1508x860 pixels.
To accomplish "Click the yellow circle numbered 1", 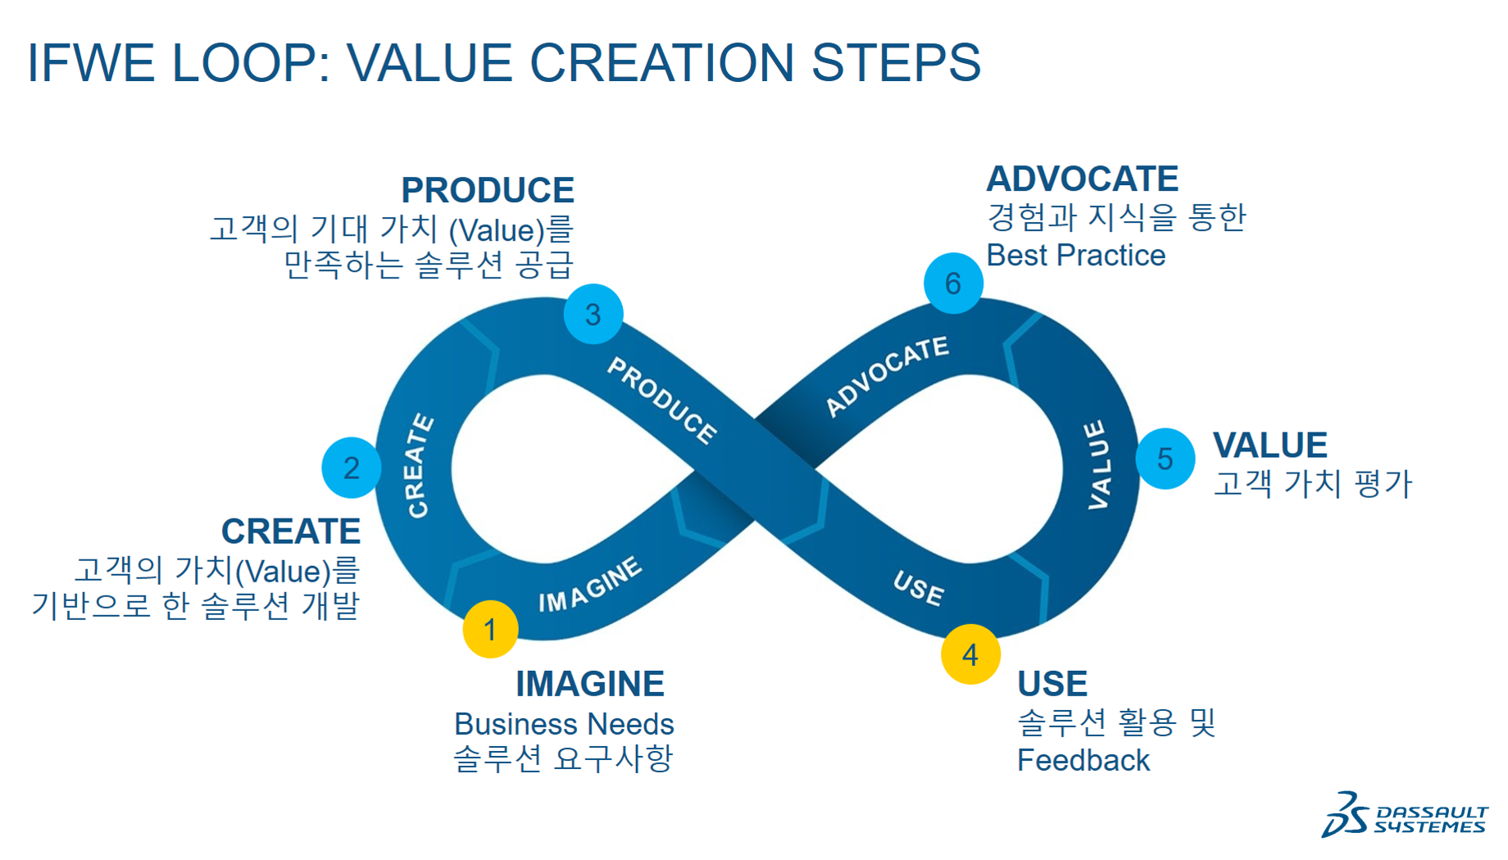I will tap(490, 629).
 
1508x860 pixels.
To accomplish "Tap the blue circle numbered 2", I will tap(351, 468).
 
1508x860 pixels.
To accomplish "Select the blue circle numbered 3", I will tap(593, 314).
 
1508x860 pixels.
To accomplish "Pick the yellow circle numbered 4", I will tap(970, 654).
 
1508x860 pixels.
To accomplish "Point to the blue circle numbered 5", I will tap(1165, 459).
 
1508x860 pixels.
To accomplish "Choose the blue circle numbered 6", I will tap(952, 283).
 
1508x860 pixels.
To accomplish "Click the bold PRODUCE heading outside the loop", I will tap(488, 190).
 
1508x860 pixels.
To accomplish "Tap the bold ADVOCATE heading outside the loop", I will tap(1082, 179).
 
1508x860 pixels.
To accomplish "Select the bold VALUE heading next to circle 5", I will tap(1270, 445).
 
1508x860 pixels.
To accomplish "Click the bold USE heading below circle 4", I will tap(1052, 683).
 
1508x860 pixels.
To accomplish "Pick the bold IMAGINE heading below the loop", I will tap(589, 683).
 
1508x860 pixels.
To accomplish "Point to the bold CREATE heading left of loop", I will tap(291, 531).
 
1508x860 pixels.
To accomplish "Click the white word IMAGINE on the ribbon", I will tap(590, 585).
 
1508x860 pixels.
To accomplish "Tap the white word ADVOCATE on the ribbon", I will tap(887, 376).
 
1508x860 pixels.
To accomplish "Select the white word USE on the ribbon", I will tap(919, 588).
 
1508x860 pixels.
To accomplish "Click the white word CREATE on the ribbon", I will tap(420, 465).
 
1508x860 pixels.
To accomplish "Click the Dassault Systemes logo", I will tap(1405, 815).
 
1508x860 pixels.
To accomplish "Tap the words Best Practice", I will tap(1075, 256).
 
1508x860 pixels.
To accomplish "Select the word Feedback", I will tap(1083, 760).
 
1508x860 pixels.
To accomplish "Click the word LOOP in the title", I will tap(251, 62).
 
